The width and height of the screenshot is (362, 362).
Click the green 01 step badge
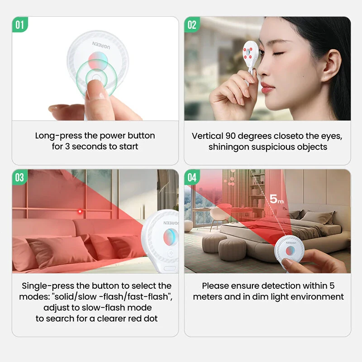[x=20, y=25]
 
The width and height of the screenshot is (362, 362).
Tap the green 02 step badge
[x=192, y=25]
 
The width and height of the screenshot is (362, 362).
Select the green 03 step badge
[x=20, y=177]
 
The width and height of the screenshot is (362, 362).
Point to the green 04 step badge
[x=192, y=177]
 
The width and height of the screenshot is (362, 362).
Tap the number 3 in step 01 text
[x=67, y=146]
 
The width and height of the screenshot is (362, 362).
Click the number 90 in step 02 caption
[x=231, y=136]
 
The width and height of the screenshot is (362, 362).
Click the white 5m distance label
[x=276, y=199]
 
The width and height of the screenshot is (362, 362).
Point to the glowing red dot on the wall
[x=80, y=211]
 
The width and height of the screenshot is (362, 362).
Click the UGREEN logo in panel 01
[x=101, y=45]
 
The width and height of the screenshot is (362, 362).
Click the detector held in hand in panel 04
[x=289, y=253]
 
